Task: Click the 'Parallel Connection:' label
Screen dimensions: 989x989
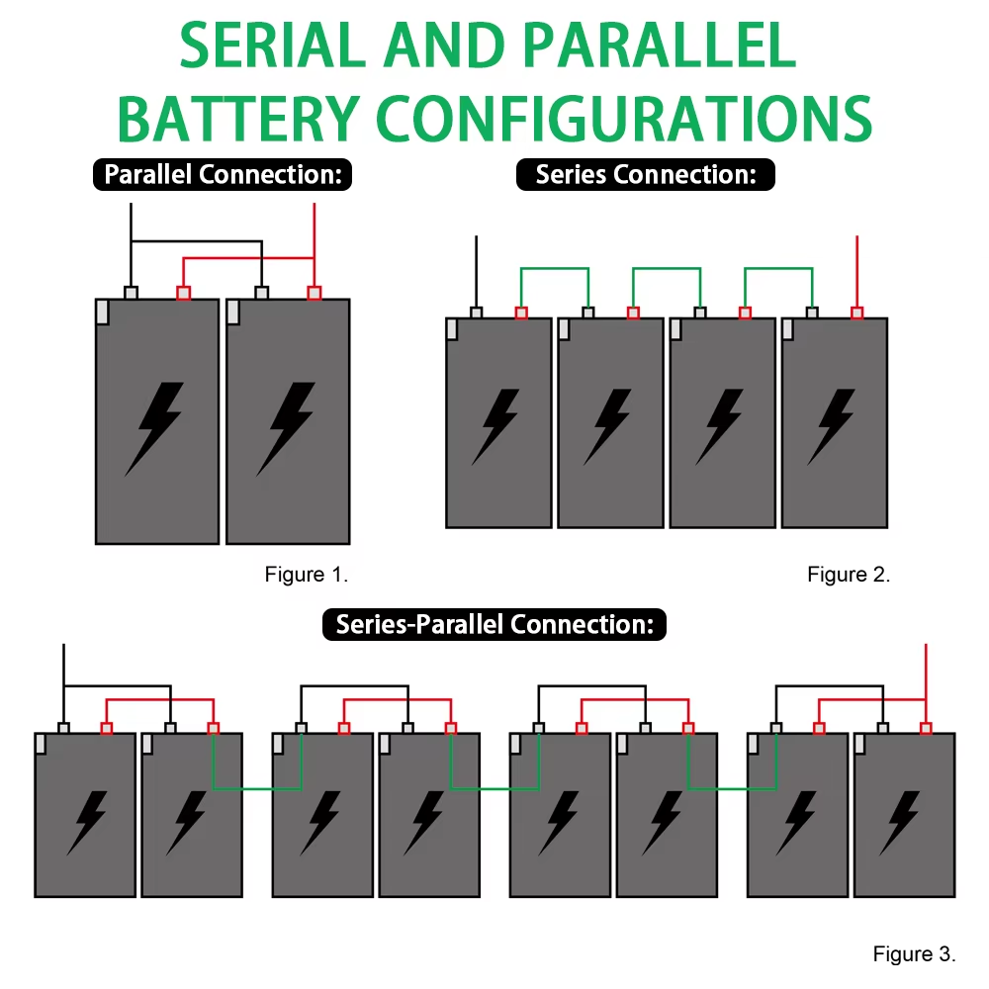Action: tap(223, 175)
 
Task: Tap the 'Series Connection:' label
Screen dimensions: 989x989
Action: tap(646, 175)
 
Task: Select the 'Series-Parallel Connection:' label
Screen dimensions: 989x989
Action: tap(494, 624)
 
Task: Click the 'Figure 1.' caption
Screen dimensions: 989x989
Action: tap(307, 575)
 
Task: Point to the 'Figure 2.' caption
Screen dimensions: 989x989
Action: tap(849, 575)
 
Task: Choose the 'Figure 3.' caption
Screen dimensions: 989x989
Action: tap(914, 954)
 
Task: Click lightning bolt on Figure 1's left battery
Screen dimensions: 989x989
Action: tap(155, 427)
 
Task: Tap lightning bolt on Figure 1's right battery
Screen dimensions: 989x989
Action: tap(287, 427)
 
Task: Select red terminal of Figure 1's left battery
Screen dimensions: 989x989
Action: tap(183, 293)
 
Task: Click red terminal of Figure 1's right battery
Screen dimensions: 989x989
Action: tap(315, 293)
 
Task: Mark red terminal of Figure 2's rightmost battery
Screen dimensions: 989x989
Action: tap(857, 314)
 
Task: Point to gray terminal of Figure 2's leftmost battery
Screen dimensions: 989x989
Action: tap(477, 314)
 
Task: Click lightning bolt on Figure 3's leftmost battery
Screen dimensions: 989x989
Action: tap(86, 822)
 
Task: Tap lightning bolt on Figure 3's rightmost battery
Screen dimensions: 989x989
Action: tap(901, 822)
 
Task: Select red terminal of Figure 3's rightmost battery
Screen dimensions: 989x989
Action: tap(926, 729)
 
